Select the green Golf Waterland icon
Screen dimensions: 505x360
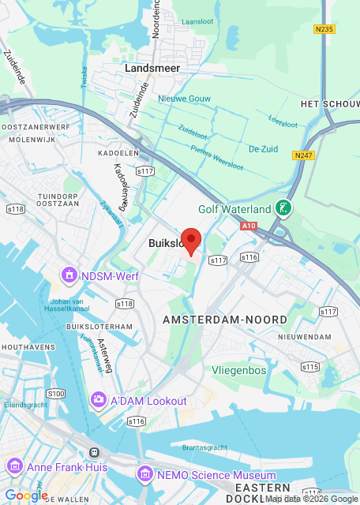click(283, 209)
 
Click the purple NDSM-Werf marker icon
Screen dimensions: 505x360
click(69, 275)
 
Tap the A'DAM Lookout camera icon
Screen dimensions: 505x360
click(99, 401)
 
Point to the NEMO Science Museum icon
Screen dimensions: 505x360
click(144, 475)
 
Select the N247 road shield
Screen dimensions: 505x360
click(304, 155)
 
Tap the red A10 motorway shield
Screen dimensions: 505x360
click(249, 226)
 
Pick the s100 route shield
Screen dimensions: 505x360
click(55, 393)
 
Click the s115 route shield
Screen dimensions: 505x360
click(309, 367)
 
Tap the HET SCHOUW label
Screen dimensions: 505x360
click(330, 104)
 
